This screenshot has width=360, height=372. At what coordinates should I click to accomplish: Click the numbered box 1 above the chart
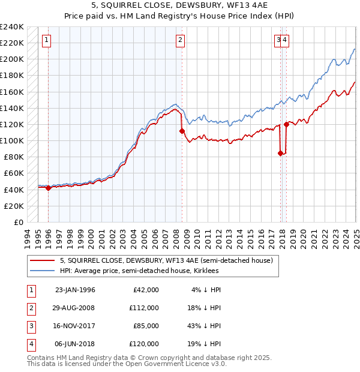pos(46,40)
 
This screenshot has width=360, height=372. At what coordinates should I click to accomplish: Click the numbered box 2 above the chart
pos(180,40)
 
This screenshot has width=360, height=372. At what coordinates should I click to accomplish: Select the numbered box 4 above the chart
pos(285,40)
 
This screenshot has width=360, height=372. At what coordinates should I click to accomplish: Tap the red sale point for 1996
pos(48,188)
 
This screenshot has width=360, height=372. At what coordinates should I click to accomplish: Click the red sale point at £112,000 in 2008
pos(182,130)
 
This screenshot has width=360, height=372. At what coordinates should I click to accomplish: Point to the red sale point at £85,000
pos(280,153)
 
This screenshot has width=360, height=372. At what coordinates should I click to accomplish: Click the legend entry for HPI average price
pos(139,271)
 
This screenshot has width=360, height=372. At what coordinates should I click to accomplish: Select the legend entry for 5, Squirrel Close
pos(166,260)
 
